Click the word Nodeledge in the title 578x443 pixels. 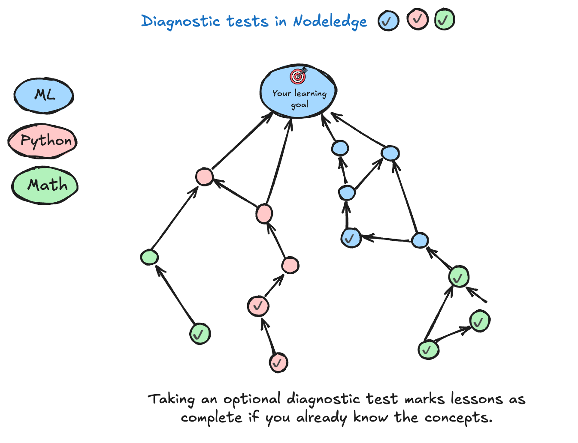(330, 21)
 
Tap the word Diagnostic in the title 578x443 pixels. (180, 21)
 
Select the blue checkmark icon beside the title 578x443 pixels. (388, 21)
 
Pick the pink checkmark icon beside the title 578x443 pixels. (418, 19)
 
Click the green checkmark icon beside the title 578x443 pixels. (444, 20)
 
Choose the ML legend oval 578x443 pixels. (44, 96)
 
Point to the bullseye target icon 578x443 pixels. (298, 76)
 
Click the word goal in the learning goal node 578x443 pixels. (300, 105)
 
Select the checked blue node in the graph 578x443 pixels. (351, 238)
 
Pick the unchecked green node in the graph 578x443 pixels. (149, 257)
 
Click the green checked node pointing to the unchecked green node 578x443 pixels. (200, 334)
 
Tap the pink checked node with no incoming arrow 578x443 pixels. (278, 362)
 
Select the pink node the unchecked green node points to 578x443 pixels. (204, 177)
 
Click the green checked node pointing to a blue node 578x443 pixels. (458, 277)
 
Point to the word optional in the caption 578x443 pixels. (252, 399)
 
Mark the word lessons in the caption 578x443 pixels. (476, 399)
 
